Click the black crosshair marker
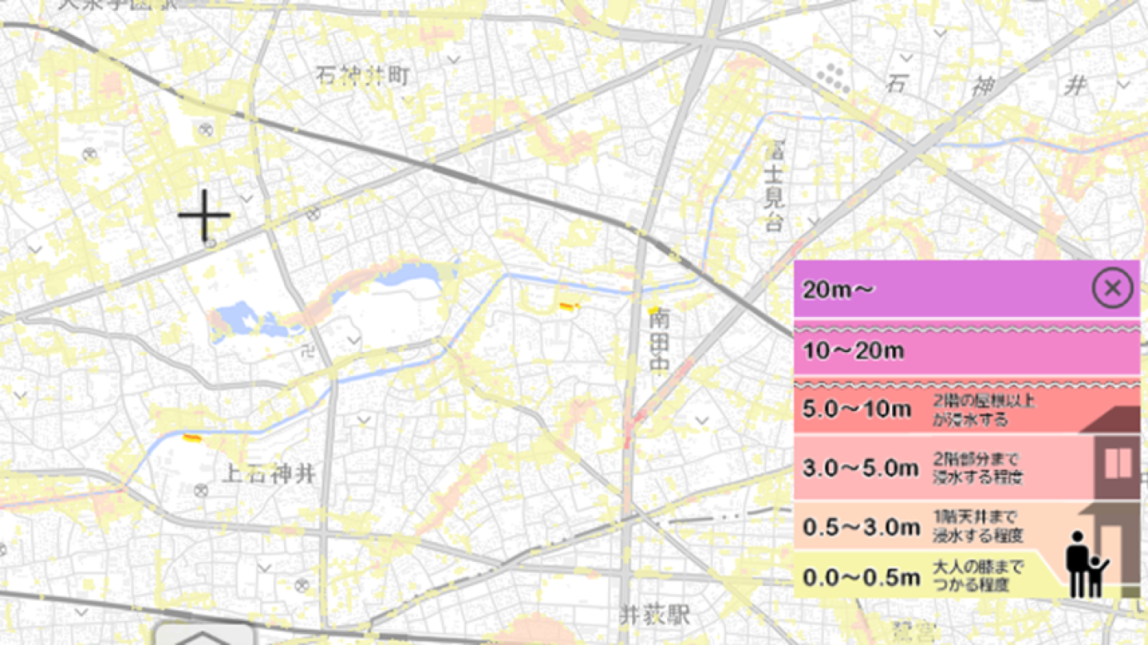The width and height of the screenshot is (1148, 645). [x=204, y=215]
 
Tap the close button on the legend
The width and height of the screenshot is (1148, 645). [x=1112, y=288]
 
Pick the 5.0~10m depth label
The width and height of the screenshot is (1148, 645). [x=856, y=409]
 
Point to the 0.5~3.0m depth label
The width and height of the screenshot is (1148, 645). [x=861, y=527]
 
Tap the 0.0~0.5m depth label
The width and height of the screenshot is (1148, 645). [x=861, y=577]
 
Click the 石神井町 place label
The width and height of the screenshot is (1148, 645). [x=362, y=76]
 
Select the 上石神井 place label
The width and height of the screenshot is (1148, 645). [x=269, y=473]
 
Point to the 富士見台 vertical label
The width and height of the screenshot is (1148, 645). [x=773, y=186]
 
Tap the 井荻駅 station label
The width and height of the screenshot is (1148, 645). [x=655, y=616]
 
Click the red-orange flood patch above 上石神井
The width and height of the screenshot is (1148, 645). [x=192, y=439]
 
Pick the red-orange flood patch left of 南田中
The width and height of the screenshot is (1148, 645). [x=569, y=307]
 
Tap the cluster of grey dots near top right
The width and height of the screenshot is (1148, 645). [x=833, y=77]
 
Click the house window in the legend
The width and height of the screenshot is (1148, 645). [x=1118, y=464]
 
